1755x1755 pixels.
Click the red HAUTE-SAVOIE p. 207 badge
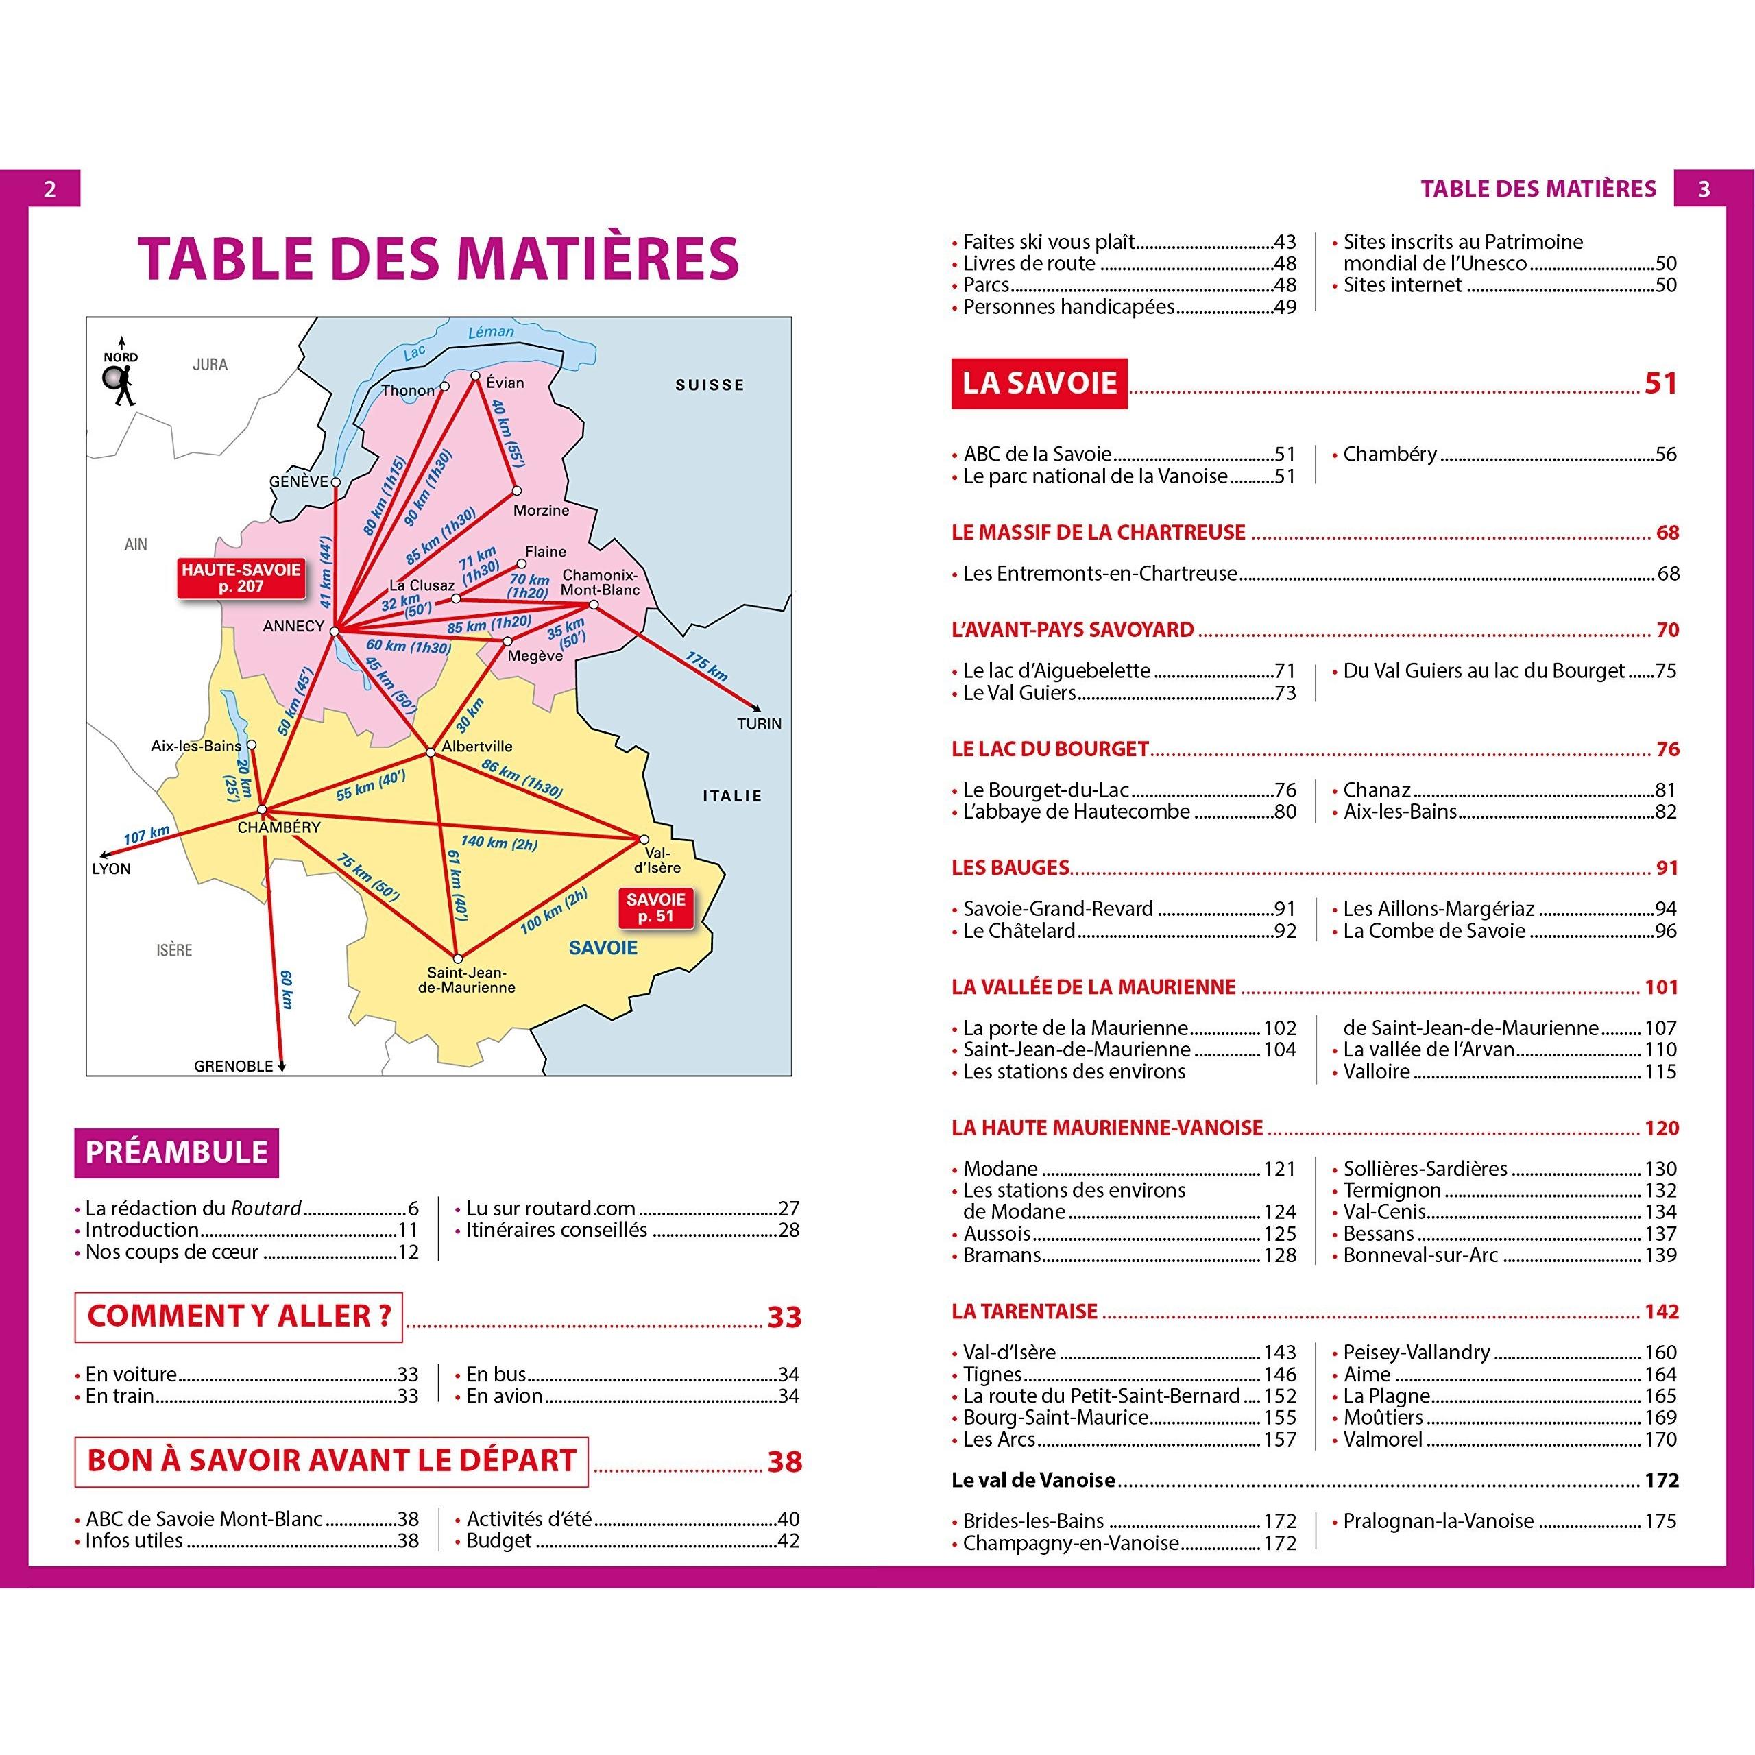coord(241,579)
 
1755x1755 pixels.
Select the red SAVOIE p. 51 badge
coord(656,908)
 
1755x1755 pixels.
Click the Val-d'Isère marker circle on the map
coord(644,839)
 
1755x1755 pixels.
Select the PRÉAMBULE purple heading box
coord(176,1152)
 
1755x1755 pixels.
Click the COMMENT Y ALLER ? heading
coord(238,1316)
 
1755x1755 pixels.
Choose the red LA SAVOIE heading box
coord(1039,383)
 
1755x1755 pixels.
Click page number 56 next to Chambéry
coord(1665,455)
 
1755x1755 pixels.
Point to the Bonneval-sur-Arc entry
coord(1420,1255)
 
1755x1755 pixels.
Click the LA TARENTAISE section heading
coord(1025,1311)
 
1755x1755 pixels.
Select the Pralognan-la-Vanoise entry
coord(1438,1521)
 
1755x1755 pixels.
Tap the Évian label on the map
coord(505,383)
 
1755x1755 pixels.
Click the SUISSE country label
coord(710,385)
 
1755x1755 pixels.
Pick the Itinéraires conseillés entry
coord(556,1230)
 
